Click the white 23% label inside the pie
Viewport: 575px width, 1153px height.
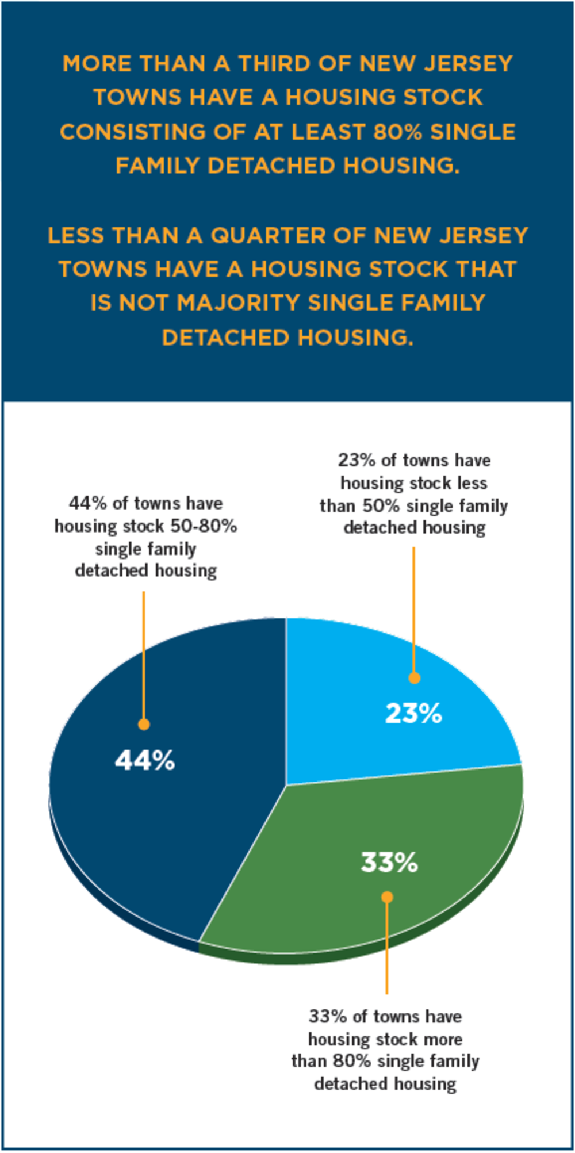(x=413, y=714)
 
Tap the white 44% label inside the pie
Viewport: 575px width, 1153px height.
(x=145, y=761)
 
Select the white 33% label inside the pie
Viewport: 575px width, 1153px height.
(x=389, y=863)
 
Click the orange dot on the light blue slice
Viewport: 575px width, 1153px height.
(x=414, y=678)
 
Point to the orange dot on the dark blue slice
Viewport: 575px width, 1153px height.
(x=144, y=724)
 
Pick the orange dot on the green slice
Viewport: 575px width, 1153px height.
(x=387, y=897)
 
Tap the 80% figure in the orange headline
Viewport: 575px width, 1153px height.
(x=398, y=132)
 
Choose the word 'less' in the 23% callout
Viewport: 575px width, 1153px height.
(x=471, y=483)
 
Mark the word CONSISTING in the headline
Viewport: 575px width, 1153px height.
(x=133, y=132)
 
